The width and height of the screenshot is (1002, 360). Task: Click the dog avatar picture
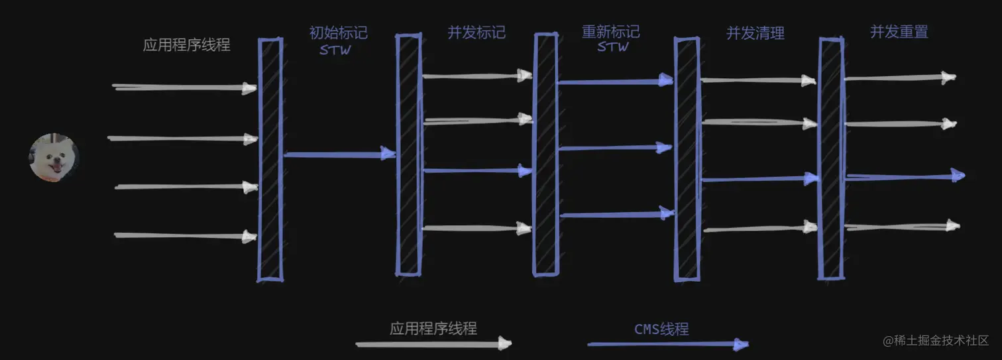tap(53, 157)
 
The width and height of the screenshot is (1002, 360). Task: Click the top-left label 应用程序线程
tap(187, 45)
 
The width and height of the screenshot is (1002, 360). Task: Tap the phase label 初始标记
tap(338, 32)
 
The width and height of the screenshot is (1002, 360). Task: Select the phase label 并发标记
tap(476, 32)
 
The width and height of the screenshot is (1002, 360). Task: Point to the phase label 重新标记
tap(610, 32)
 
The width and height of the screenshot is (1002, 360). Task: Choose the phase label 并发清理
tap(755, 33)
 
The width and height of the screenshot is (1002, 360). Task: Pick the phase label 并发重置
tap(899, 32)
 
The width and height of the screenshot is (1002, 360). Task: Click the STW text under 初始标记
tap(335, 50)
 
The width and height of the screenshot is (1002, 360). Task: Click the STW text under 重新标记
tap(612, 47)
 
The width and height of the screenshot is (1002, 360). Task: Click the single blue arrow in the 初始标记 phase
tap(339, 154)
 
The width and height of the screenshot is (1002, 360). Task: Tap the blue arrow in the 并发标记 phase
tap(477, 171)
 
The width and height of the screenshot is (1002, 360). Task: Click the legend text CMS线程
tap(661, 329)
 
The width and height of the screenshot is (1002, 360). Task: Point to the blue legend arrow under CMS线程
tap(667, 344)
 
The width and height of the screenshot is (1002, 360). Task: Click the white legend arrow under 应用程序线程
tap(433, 343)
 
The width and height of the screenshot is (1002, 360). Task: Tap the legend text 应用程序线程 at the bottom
tap(433, 328)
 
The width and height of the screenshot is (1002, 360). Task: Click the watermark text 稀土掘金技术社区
tap(941, 341)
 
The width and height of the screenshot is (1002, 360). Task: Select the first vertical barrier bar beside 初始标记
tap(270, 159)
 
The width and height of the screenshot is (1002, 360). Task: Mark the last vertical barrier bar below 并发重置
tap(831, 159)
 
